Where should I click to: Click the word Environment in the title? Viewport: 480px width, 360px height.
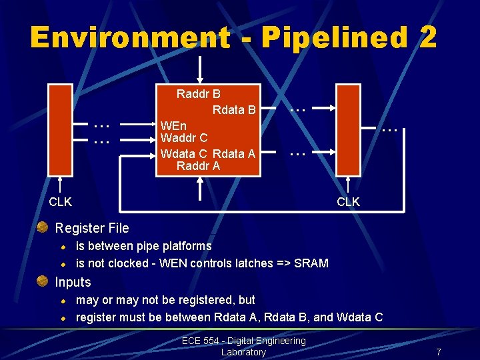129,37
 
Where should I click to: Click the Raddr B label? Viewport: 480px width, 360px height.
198,94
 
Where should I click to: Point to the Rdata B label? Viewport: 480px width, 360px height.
234,109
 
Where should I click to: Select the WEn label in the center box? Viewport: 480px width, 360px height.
174,125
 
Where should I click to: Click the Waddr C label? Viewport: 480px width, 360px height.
184,138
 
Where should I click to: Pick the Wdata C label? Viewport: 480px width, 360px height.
183,153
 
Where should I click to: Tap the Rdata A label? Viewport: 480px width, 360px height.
234,153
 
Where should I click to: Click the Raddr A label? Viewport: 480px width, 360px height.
198,166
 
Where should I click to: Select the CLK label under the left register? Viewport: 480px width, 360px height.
61,201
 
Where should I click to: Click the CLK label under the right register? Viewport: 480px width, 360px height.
348,201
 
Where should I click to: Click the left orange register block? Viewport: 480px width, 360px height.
61,130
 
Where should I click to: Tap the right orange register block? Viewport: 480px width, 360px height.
348,130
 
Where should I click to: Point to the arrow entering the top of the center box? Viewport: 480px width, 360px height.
200,69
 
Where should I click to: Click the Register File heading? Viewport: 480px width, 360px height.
92,228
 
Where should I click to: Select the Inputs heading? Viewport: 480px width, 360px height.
73,282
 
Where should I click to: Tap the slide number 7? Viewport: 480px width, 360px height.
439,351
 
